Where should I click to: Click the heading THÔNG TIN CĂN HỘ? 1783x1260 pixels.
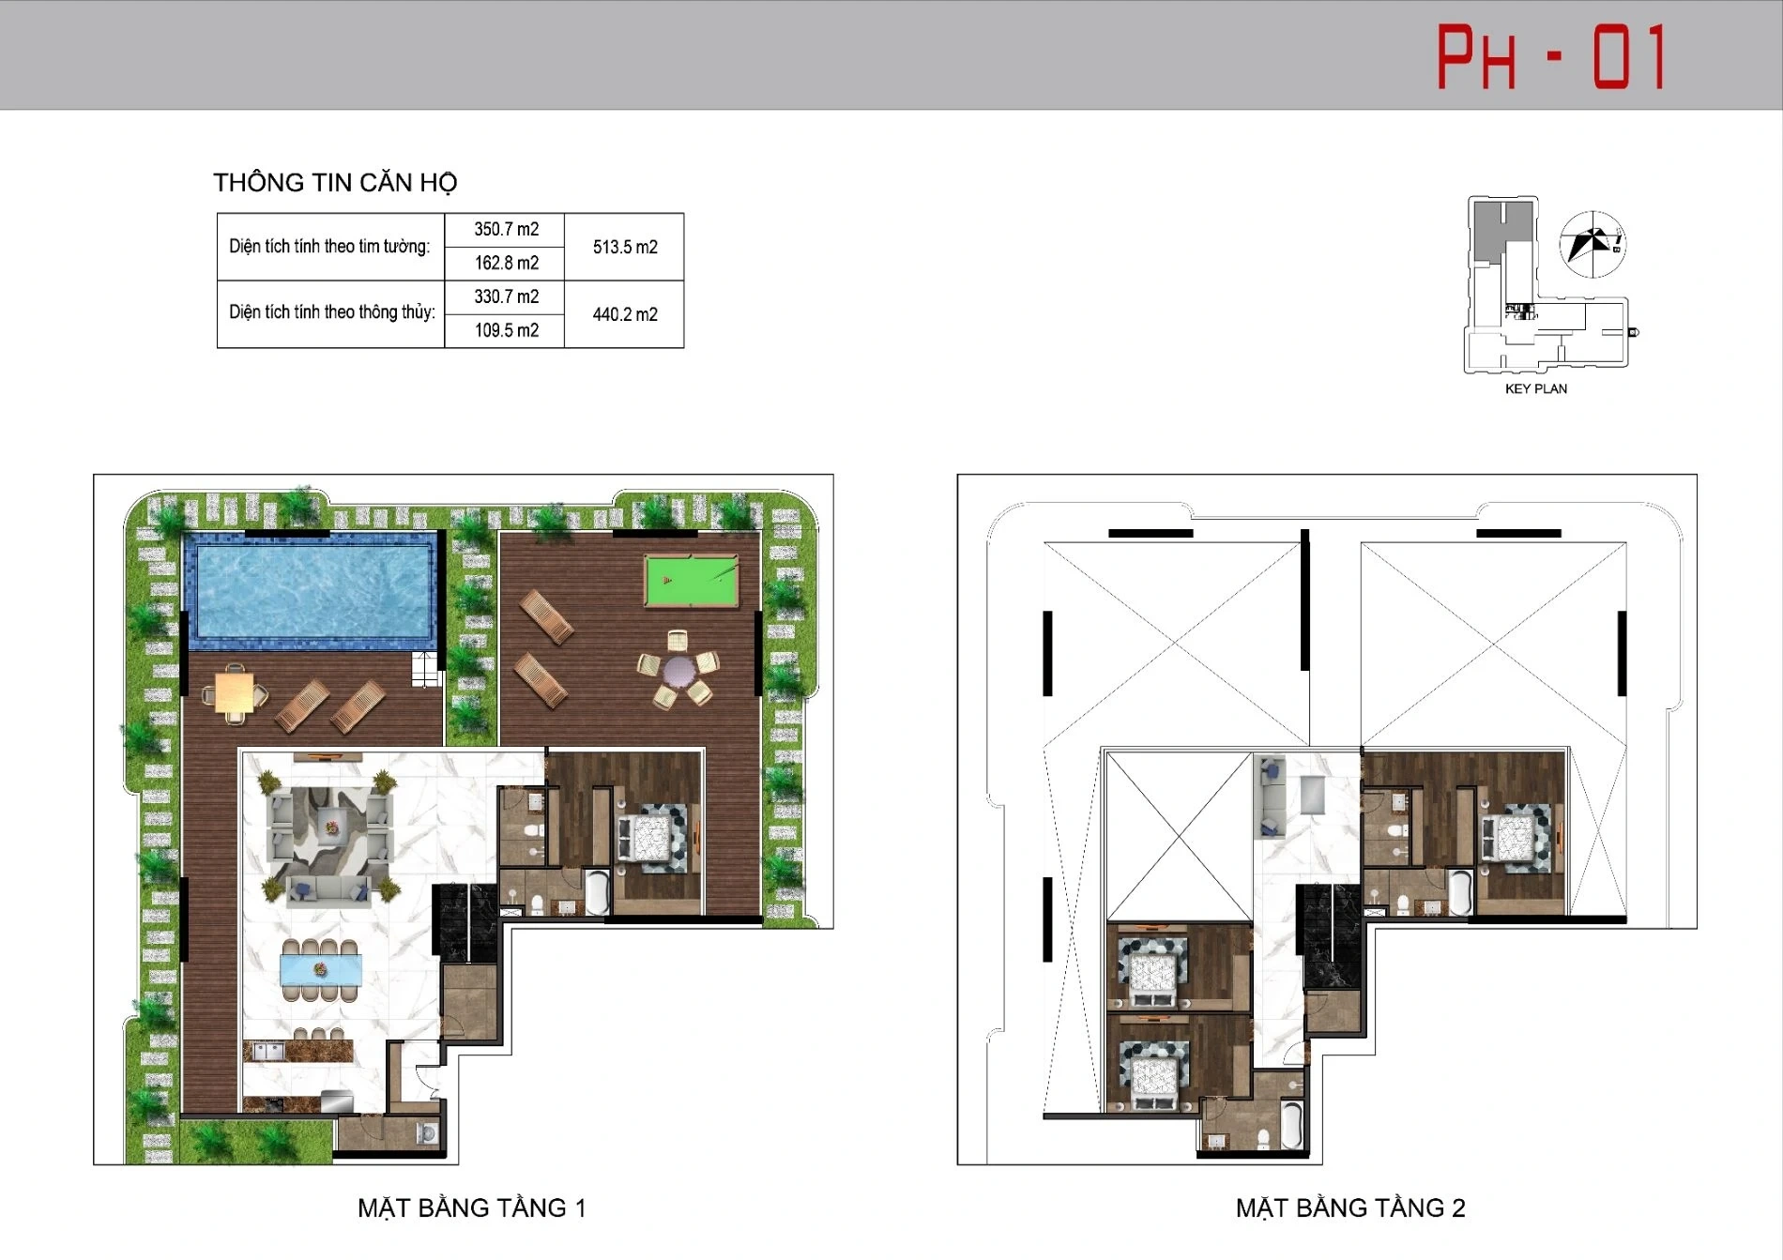[335, 182]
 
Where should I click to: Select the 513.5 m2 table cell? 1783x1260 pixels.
[625, 247]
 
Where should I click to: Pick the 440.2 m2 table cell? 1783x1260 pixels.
[625, 314]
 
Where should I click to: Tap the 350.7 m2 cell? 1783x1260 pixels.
[506, 229]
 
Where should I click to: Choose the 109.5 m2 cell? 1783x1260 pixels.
[506, 330]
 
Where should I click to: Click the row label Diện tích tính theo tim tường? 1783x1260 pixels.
[329, 247]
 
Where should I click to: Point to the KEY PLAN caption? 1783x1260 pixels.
[1536, 388]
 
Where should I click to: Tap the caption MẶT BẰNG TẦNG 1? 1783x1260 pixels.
[472, 1207]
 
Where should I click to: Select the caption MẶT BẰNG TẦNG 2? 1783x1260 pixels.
[1350, 1207]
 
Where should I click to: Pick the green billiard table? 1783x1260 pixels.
[691, 581]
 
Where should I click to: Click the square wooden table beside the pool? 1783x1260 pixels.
[234, 693]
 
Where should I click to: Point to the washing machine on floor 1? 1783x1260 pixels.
[429, 1133]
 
